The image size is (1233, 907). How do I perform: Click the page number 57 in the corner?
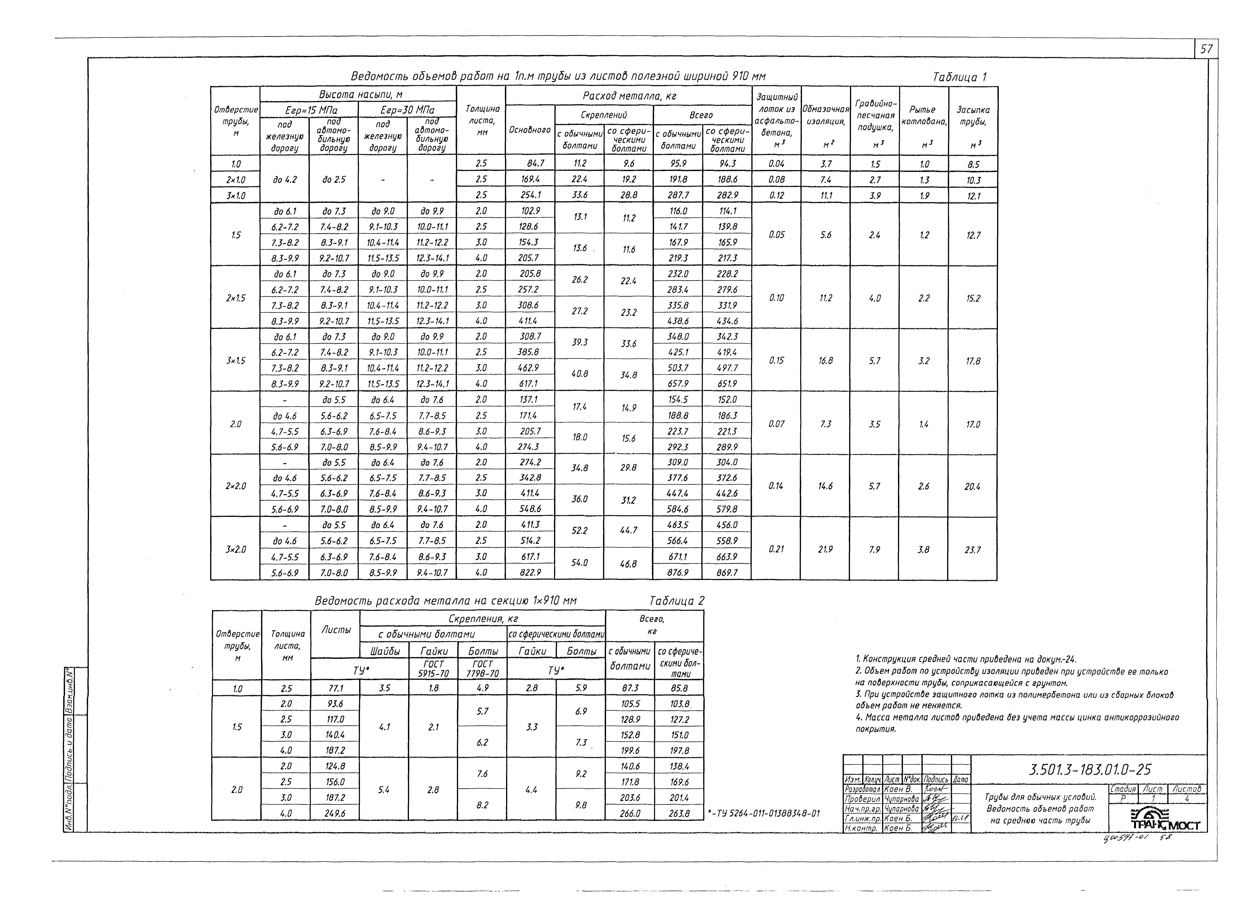pyautogui.click(x=1206, y=49)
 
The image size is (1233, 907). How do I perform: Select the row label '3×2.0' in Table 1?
pyautogui.click(x=236, y=549)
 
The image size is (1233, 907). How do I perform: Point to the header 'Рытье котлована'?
pyautogui.click(x=924, y=115)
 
